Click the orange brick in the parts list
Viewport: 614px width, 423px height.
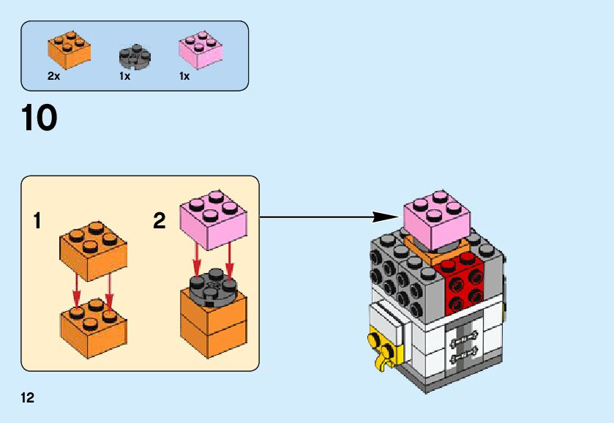(x=70, y=48)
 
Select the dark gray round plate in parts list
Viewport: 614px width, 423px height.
(x=134, y=56)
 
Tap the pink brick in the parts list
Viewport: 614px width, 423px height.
(x=200, y=50)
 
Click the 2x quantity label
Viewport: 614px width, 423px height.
(x=53, y=76)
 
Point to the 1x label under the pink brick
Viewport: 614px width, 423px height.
(x=184, y=76)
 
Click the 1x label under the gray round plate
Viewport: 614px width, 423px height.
(x=124, y=76)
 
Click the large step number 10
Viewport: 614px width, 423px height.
(x=40, y=119)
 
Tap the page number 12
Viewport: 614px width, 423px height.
(x=28, y=398)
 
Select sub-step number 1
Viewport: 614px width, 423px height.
(x=37, y=220)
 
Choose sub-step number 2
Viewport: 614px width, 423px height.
(x=159, y=220)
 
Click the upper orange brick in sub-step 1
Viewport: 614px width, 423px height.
(x=92, y=250)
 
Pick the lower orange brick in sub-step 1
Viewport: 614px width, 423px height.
(x=92, y=323)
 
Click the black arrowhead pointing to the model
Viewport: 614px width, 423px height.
(x=384, y=217)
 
